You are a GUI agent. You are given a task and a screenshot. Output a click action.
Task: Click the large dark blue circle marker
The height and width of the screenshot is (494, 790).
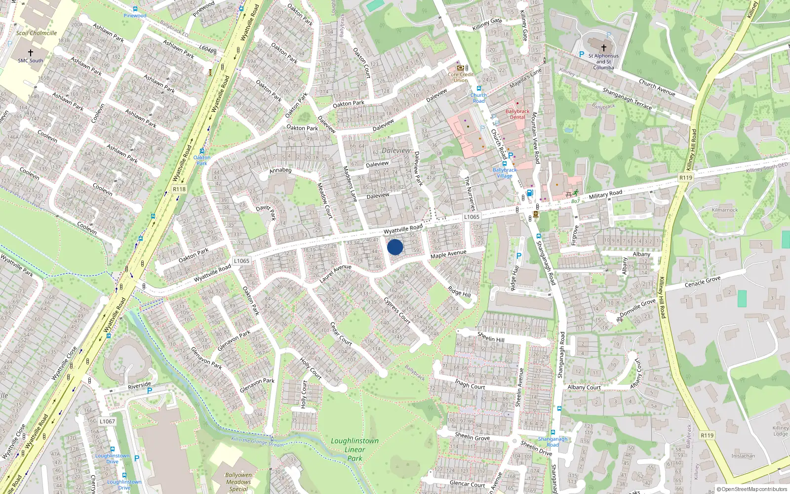(x=395, y=247)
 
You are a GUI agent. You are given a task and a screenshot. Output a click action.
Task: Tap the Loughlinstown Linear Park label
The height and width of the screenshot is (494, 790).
(x=355, y=450)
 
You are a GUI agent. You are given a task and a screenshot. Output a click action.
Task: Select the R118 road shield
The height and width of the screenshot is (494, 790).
(x=179, y=189)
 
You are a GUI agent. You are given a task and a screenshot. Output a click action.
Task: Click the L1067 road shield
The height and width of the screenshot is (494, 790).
(x=107, y=421)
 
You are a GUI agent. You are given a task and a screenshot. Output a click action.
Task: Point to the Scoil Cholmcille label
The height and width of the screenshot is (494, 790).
(x=37, y=33)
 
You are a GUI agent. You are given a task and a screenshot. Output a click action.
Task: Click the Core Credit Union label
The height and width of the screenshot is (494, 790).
(x=461, y=78)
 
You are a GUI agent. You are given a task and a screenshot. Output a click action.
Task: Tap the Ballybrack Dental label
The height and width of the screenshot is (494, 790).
(x=517, y=114)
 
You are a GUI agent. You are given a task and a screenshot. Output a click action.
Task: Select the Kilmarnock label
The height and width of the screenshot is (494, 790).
(x=725, y=210)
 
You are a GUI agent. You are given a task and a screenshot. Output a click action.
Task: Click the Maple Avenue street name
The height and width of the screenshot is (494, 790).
(x=448, y=254)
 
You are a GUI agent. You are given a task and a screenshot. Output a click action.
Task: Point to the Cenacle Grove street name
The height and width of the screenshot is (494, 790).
(x=702, y=282)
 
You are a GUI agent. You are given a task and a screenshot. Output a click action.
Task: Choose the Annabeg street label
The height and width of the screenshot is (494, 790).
(x=280, y=170)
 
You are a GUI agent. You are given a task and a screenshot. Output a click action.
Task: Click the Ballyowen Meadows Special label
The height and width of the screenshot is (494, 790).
(x=238, y=482)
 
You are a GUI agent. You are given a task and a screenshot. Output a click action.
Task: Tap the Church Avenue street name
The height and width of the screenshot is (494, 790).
(x=657, y=87)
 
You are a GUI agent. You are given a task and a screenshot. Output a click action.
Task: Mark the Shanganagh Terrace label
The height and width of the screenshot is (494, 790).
(x=627, y=98)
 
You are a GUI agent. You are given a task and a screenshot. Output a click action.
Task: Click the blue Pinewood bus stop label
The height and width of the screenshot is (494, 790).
(x=135, y=16)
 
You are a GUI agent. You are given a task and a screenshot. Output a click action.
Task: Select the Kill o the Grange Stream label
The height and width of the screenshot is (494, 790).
(x=258, y=442)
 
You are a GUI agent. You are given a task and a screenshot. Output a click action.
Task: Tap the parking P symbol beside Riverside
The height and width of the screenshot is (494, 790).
(x=150, y=391)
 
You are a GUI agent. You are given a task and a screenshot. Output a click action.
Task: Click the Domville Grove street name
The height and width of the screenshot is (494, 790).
(x=638, y=307)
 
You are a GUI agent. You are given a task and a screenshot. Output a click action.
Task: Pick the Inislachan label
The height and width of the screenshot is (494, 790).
(x=743, y=456)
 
